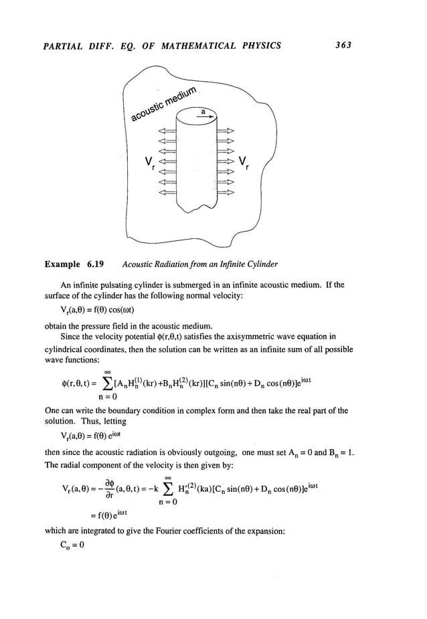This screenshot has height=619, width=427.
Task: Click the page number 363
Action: pyautogui.click(x=342, y=46)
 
